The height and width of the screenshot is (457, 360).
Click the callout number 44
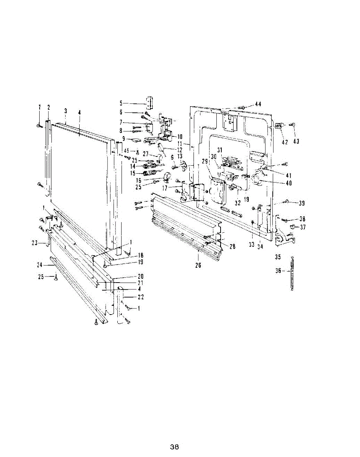click(x=258, y=104)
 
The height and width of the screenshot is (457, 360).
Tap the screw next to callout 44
click(x=241, y=108)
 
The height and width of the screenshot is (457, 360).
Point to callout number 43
click(x=296, y=141)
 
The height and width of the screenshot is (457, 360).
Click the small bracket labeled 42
click(x=280, y=126)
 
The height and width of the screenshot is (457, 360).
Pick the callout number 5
click(x=121, y=103)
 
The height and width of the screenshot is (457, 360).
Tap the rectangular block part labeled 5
click(x=150, y=102)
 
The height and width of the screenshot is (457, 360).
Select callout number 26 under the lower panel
click(x=198, y=265)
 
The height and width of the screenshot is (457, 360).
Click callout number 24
click(x=39, y=265)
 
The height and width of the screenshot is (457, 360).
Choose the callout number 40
click(x=288, y=183)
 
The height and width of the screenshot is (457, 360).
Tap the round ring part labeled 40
click(x=258, y=177)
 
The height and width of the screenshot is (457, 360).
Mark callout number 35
click(x=278, y=257)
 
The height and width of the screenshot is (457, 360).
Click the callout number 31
click(x=219, y=150)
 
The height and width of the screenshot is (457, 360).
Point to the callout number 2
click(x=49, y=107)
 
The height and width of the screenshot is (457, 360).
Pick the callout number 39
click(x=301, y=203)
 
